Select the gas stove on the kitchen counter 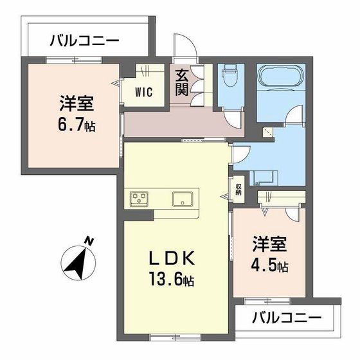(x=139, y=199)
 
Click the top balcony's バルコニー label (x=85, y=42)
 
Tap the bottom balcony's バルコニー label (x=286, y=317)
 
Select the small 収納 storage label (x=239, y=189)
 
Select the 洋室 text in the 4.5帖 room (x=269, y=246)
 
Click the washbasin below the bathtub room (x=263, y=175)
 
